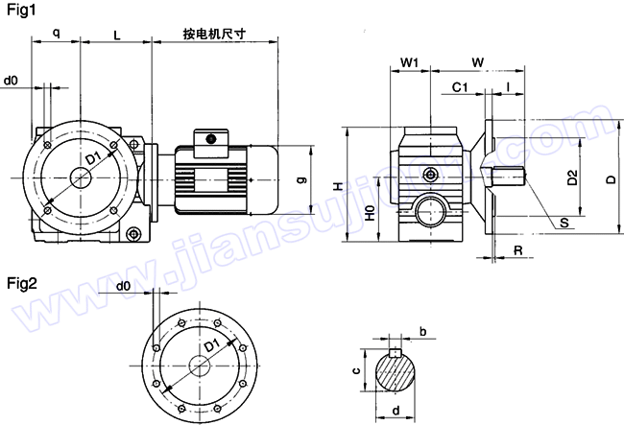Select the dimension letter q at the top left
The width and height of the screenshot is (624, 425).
tap(56, 34)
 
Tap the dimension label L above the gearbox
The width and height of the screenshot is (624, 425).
tap(116, 35)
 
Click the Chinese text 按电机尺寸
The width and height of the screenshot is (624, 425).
tap(215, 34)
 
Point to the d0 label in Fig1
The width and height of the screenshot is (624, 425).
tap(12, 81)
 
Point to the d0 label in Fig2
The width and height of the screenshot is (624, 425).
tap(123, 286)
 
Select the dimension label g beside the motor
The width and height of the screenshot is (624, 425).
tap(301, 178)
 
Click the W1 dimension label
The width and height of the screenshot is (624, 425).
tap(410, 62)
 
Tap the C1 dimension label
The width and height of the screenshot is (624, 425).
tap(459, 87)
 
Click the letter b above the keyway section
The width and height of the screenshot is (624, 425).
tap(422, 332)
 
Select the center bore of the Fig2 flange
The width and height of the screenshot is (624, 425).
tap(201, 366)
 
